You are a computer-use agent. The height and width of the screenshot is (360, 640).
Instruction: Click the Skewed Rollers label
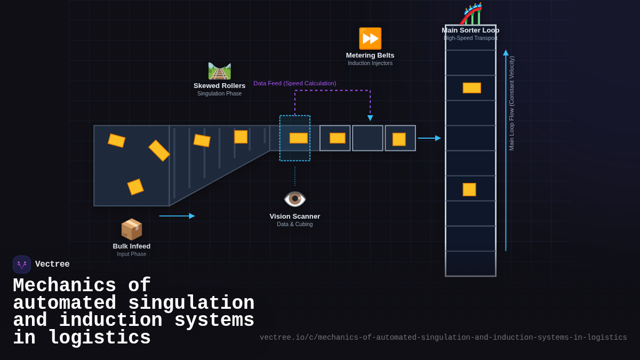click(219, 86)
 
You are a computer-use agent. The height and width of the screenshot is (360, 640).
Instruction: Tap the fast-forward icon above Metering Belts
click(370, 38)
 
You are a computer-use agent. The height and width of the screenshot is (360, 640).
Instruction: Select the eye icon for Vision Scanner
click(294, 199)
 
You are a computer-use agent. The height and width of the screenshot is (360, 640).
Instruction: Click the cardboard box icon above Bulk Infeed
click(131, 229)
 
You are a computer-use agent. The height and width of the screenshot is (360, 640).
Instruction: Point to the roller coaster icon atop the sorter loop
click(471, 14)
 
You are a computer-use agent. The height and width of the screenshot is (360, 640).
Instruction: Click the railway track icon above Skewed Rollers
click(219, 70)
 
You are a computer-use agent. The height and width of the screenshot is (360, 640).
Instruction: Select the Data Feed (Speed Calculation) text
click(294, 83)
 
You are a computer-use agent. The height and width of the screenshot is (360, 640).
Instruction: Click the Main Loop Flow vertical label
click(511, 103)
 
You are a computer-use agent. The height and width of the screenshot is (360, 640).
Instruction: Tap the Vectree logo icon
click(22, 265)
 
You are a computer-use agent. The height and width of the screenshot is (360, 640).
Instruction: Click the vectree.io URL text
click(443, 338)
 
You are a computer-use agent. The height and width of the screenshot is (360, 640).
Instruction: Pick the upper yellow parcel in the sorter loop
click(471, 88)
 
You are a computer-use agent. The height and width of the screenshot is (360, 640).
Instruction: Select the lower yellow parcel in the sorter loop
click(469, 189)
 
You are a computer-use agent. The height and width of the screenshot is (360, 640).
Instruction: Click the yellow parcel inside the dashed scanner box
click(298, 138)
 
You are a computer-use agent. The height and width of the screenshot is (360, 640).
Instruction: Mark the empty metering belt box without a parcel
click(367, 138)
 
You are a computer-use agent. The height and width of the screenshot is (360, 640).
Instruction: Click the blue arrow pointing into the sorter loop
click(429, 138)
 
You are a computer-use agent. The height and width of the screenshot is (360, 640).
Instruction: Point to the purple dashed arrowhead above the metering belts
click(370, 118)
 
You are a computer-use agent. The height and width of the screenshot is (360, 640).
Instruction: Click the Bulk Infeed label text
click(131, 246)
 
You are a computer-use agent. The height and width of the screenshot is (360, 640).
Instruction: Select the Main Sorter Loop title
click(470, 30)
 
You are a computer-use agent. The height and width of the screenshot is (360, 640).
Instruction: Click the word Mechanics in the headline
click(65, 286)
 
